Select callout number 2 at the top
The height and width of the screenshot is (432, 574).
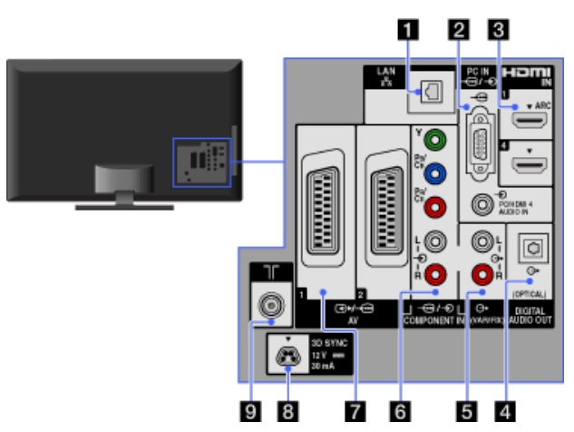(460, 29)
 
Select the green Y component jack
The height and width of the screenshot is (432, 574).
(437, 141)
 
